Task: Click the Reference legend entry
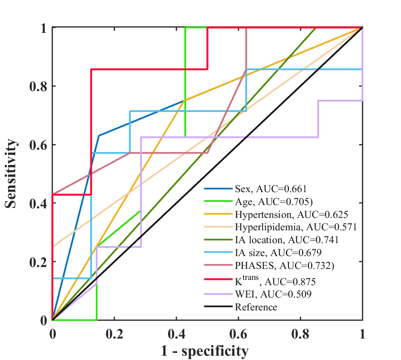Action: click(x=256, y=307)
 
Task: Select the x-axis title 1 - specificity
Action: click(x=207, y=351)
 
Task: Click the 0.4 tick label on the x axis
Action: click(x=177, y=333)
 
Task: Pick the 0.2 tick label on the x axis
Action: click(x=115, y=333)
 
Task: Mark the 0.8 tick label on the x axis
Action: click(x=301, y=333)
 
